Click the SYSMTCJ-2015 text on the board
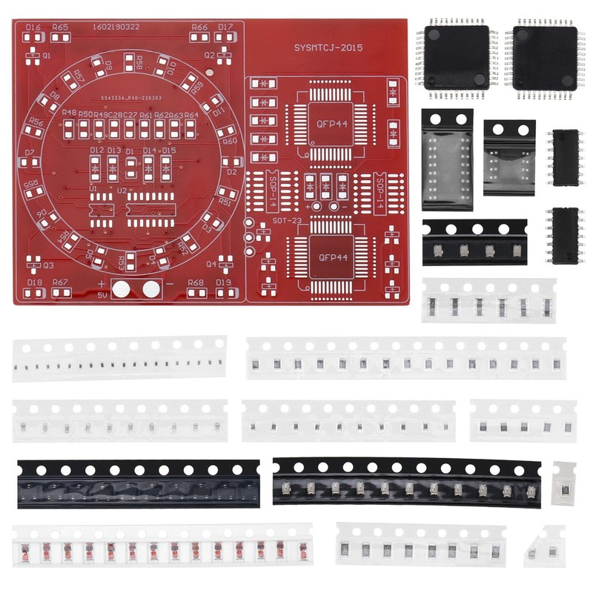pyautogui.click(x=328, y=48)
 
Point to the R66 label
pyautogui.click(x=199, y=27)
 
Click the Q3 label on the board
pyautogui.click(x=48, y=265)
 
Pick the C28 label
pyautogui.click(x=130, y=115)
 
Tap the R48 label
pyautogui.click(x=69, y=113)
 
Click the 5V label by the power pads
pyautogui.click(x=102, y=295)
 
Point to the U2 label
pyautogui.click(x=121, y=189)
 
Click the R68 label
pyautogui.click(x=196, y=282)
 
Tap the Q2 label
pyautogui.click(x=209, y=55)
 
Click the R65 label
pyautogui.click(x=60, y=27)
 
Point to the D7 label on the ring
pyautogui.click(x=30, y=153)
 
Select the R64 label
pyautogui.click(x=191, y=115)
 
